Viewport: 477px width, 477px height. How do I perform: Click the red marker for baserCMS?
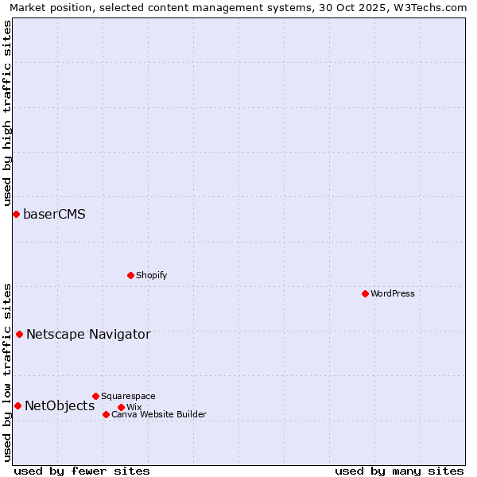pyautogui.click(x=16, y=214)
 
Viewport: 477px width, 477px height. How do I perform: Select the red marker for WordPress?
pyautogui.click(x=365, y=293)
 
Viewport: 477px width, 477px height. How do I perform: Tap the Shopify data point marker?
pyautogui.click(x=130, y=275)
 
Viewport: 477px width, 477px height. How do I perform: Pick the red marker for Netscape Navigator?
pyautogui.click(x=19, y=334)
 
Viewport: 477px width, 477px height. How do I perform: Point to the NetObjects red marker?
pyautogui.click(x=17, y=405)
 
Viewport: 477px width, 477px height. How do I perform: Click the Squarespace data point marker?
pyautogui.click(x=95, y=396)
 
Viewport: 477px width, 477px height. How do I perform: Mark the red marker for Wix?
pyautogui.click(x=121, y=407)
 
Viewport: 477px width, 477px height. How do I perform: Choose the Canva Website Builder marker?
pyautogui.click(x=106, y=414)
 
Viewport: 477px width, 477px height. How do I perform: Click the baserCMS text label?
pyautogui.click(x=54, y=215)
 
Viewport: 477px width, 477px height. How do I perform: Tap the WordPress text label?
pyautogui.click(x=393, y=293)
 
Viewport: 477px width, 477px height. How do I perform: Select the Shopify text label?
pyautogui.click(x=151, y=275)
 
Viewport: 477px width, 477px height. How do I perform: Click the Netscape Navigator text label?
pyautogui.click(x=88, y=335)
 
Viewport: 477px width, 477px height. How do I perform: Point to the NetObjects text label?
pyautogui.click(x=60, y=406)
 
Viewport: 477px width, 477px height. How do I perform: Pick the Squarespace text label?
pyautogui.click(x=128, y=396)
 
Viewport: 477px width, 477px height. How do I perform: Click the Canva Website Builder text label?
pyautogui.click(x=159, y=414)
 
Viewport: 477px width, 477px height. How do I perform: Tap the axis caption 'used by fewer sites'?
pyautogui.click(x=82, y=471)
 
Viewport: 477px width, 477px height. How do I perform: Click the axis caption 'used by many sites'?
pyautogui.click(x=399, y=471)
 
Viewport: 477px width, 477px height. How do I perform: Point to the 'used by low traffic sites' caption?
pyautogui.click(x=7, y=371)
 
